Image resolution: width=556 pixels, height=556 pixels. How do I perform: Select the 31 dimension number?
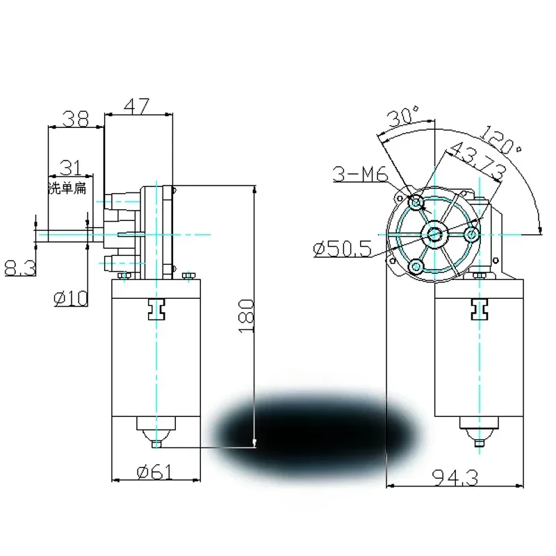[x=68, y=167]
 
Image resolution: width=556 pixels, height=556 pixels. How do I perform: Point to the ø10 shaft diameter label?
[x=71, y=299]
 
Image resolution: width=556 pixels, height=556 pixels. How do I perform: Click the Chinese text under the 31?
[x=66, y=188]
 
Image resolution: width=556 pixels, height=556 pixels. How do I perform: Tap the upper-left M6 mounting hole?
[x=416, y=203]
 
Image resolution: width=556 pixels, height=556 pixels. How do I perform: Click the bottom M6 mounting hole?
[x=416, y=265]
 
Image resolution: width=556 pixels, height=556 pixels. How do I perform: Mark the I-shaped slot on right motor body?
[x=477, y=308]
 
